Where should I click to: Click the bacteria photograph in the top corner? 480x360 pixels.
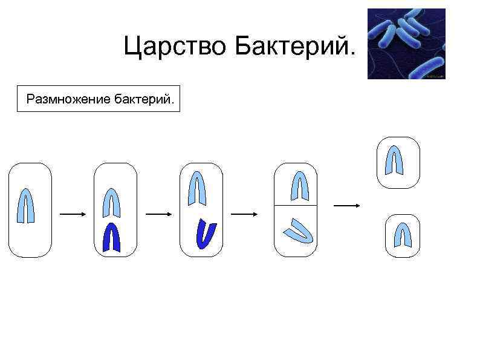(x=406, y=44)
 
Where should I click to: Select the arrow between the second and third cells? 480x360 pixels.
(x=159, y=214)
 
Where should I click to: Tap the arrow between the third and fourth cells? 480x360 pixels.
(x=245, y=214)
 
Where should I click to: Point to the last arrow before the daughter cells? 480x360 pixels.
(x=347, y=206)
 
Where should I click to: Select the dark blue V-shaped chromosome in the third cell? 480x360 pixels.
(x=206, y=235)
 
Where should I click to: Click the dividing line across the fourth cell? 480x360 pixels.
(x=296, y=206)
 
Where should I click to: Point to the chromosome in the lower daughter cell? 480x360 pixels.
(x=403, y=235)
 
